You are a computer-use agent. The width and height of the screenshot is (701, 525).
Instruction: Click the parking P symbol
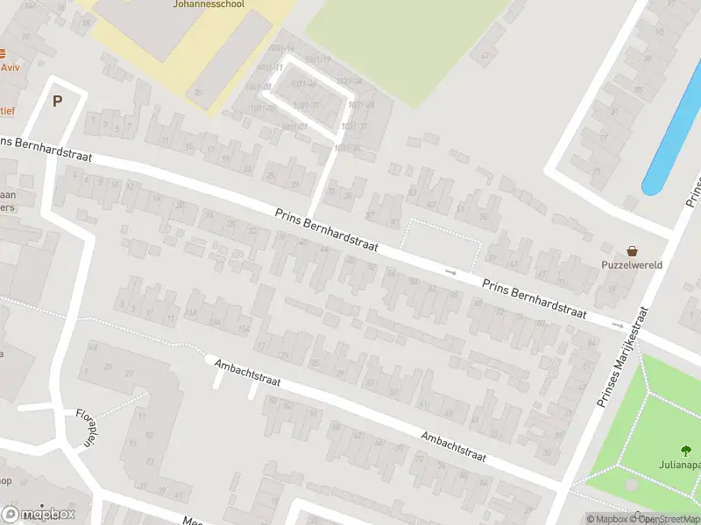58,101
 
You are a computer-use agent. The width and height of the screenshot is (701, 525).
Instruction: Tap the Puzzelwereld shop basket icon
632,251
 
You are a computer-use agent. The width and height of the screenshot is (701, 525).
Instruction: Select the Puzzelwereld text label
631,264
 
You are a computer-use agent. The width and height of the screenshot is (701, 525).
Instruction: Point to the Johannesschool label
234,4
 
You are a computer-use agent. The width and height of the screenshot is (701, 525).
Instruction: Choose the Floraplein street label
85,427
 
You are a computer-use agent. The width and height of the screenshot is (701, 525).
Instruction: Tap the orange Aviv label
10,67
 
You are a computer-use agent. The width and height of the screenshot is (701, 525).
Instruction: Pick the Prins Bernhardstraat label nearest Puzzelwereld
535,300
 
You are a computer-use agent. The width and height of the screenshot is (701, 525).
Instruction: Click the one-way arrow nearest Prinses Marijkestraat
618,325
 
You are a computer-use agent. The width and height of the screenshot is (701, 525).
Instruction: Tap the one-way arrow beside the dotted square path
451,272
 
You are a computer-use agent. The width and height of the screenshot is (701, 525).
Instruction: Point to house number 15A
244,328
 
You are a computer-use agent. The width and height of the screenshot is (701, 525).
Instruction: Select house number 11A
191,312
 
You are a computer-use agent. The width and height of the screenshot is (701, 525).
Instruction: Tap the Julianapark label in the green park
680,465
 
